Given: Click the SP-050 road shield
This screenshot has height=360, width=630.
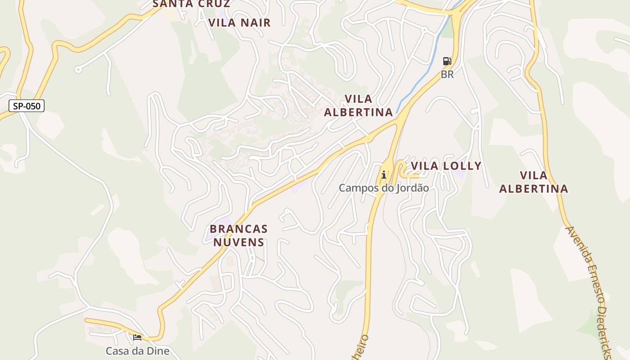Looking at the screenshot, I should tap(27, 106).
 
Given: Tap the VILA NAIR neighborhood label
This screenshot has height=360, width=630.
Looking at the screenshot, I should tap(239, 22).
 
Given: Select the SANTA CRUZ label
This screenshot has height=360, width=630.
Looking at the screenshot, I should tap(192, 4).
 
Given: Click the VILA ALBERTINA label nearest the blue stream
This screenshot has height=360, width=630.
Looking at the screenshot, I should tap(358, 105).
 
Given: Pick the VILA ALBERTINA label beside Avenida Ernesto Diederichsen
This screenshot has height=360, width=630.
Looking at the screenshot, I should tap(534, 182).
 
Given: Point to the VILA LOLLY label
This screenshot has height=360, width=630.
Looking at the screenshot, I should tap(446, 166).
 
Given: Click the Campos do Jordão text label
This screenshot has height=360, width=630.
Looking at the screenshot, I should tap(383, 188).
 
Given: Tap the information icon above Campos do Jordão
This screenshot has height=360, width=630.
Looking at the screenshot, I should tap(384, 175).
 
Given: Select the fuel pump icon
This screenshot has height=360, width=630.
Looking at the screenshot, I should tap(447, 61).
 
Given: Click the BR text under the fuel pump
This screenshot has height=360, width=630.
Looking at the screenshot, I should tap(447, 74).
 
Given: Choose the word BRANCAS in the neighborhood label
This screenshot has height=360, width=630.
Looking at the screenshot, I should tap(238, 229).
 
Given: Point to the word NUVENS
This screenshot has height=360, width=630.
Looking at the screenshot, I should tap(238, 242).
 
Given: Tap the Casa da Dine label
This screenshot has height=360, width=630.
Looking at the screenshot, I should tap(137, 351).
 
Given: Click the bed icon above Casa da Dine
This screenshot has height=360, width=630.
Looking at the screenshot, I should tap(137, 337).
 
